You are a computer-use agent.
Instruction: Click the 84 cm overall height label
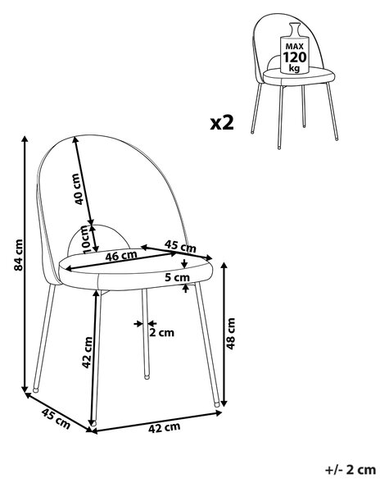[x=19, y=255]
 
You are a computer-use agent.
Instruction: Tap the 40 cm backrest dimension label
[x=78, y=189]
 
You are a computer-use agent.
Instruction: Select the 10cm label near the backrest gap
[x=86, y=239]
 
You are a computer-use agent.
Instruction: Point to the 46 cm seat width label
[x=121, y=256]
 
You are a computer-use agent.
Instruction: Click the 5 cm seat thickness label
[x=178, y=277]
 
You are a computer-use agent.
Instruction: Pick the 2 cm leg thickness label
[x=161, y=332]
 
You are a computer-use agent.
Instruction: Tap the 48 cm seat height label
[x=230, y=334]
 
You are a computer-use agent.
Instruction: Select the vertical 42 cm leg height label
[x=87, y=352]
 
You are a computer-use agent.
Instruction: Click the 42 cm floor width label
[x=165, y=427]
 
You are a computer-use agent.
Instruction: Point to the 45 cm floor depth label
[x=56, y=419]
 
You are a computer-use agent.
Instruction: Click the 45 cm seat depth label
[x=180, y=246]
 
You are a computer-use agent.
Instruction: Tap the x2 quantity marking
[x=222, y=123]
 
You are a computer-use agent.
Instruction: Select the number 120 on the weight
[x=294, y=57]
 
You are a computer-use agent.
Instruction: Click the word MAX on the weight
[x=294, y=47]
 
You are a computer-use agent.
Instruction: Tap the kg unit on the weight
[x=294, y=68]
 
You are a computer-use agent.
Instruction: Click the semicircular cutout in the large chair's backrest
[x=99, y=239]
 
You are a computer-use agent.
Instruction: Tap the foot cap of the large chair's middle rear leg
[x=147, y=376]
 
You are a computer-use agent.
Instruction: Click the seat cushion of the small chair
[x=299, y=75]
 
